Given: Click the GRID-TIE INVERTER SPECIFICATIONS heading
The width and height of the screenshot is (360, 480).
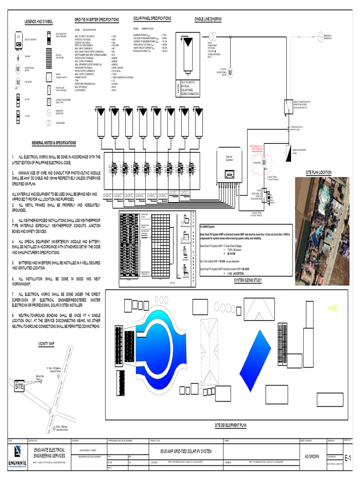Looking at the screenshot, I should [97, 20].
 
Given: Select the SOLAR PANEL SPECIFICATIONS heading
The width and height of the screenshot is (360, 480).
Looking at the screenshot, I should [152, 18].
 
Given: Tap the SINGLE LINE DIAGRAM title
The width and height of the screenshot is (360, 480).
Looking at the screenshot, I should [208, 19].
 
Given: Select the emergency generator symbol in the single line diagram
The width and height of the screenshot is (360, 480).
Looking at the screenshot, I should [321, 36].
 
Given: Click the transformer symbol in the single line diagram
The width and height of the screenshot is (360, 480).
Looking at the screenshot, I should [212, 36].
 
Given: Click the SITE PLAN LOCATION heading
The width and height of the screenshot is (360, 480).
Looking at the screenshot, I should [318, 173].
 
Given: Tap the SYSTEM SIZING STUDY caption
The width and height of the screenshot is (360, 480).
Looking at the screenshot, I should [247, 280].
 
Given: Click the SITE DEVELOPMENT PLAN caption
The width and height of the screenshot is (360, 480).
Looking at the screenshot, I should [230, 425].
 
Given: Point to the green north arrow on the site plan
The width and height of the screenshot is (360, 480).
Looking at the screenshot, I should [333, 308].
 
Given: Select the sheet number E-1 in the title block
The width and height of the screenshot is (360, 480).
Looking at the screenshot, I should [348, 458].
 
